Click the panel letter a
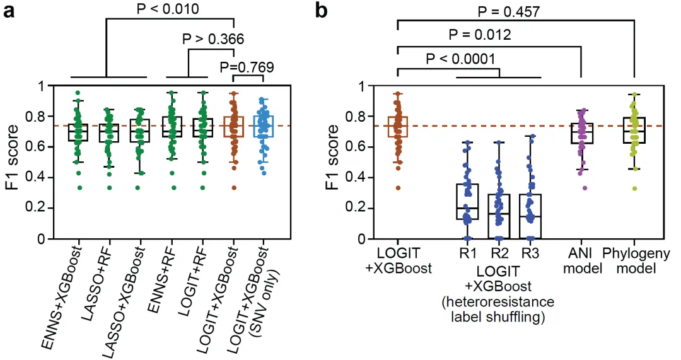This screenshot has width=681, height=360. click(x=10, y=11)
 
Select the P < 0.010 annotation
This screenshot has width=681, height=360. click(x=166, y=9)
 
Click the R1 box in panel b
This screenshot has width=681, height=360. click(x=467, y=201)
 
